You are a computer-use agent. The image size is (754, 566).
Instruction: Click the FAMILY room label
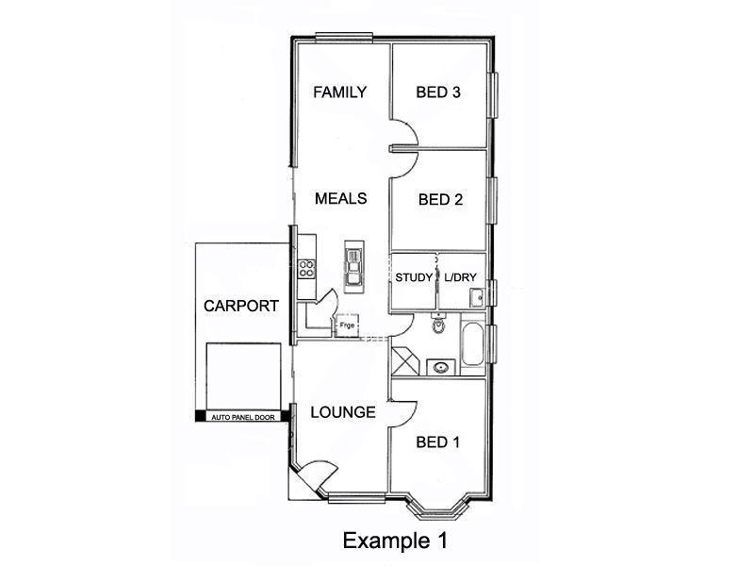[339, 92]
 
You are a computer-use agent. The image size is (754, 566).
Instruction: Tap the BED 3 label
[438, 92]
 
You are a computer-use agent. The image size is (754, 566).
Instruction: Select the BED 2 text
[438, 199]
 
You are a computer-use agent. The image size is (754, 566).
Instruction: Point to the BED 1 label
[438, 442]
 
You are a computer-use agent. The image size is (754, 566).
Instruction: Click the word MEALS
[340, 198]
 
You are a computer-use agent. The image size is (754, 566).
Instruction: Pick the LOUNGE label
[343, 412]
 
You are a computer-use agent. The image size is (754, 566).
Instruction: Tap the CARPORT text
[241, 306]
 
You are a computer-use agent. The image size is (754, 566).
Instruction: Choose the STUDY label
[414, 278]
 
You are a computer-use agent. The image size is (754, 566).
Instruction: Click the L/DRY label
[461, 278]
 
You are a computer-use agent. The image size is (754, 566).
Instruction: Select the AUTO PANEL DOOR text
[241, 416]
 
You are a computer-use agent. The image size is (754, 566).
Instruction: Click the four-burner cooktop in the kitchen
[306, 267]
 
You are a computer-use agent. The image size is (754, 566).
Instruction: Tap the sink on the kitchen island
[354, 265]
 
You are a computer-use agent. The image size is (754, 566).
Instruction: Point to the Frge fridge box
[348, 325]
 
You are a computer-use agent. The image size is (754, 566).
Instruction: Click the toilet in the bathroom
[437, 326]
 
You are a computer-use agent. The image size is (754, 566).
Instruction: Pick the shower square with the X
[405, 362]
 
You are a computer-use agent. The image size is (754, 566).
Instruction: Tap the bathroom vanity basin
[438, 366]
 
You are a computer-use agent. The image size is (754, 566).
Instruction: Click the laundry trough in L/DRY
[477, 298]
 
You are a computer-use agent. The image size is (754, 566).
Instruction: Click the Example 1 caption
[393, 541]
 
